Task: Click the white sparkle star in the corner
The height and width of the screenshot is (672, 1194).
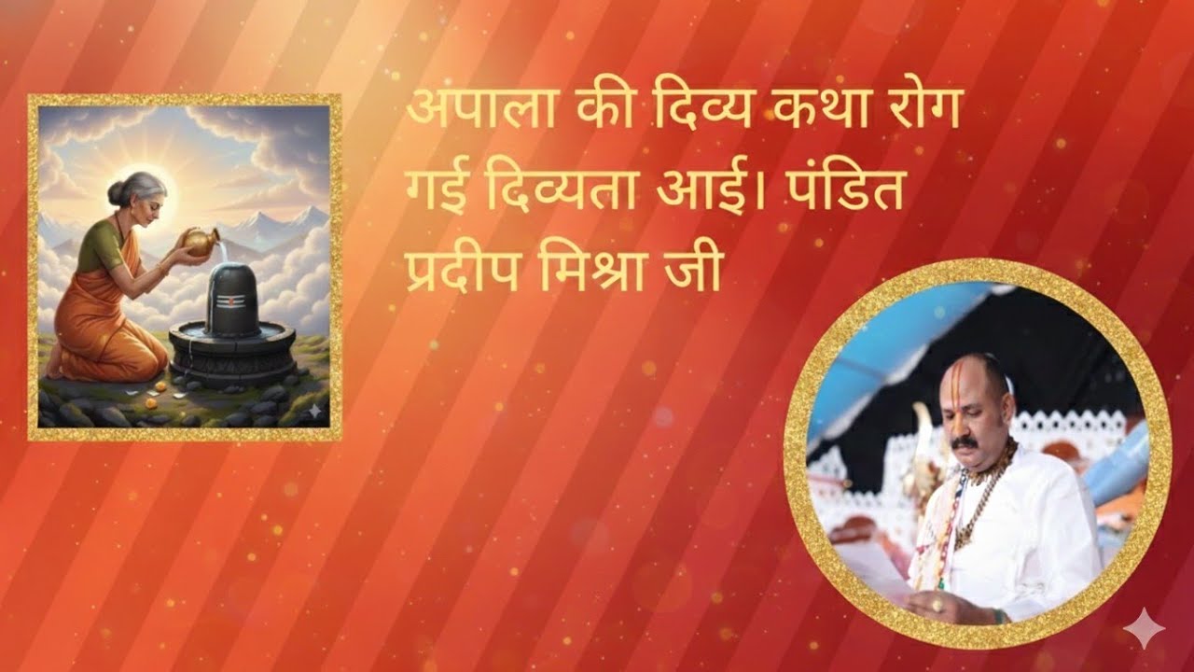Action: [x=1144, y=628]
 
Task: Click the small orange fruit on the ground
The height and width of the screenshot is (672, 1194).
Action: [x=160, y=385]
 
